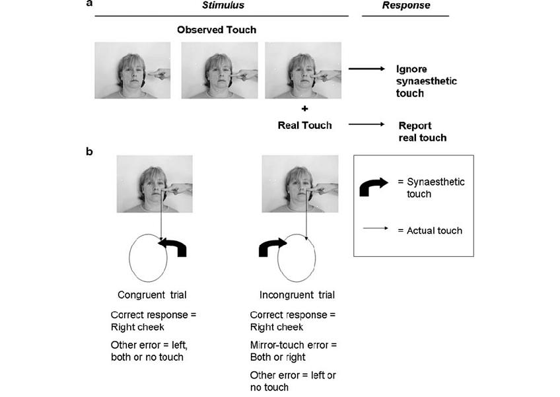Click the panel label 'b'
pos(89,151)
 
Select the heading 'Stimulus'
pos(223,5)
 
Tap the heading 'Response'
pos(406,5)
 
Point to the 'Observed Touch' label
pos(217,30)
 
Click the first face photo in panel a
pos(132,71)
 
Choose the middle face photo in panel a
pos(219,71)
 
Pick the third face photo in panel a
pos(303,71)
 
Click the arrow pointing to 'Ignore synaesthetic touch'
pos(367,69)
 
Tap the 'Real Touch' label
pos(304,124)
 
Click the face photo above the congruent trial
pos(155,184)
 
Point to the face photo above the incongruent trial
pos(300,184)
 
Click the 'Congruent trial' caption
pos(151,295)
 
